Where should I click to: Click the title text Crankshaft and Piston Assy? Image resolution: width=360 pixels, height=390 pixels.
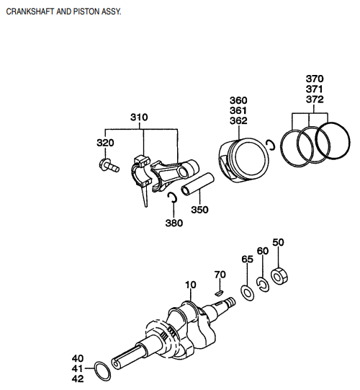(64, 12)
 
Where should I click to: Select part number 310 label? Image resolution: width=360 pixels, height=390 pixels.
(140, 117)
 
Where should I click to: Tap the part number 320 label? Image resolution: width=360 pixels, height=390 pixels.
(105, 143)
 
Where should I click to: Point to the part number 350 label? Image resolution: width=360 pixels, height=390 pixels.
(199, 210)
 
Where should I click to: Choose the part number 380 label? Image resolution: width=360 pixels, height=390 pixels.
(174, 223)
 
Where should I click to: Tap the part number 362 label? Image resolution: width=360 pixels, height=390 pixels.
(238, 121)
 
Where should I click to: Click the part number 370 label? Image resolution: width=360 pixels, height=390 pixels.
(315, 78)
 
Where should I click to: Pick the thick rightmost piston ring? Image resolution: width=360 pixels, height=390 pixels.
(331, 139)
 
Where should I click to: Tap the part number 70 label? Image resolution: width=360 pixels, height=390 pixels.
(220, 275)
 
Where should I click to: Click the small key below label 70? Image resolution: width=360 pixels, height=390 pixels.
(220, 293)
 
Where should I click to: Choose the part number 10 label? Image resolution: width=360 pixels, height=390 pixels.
(190, 285)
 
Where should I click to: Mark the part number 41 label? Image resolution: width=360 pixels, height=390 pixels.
(78, 368)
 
